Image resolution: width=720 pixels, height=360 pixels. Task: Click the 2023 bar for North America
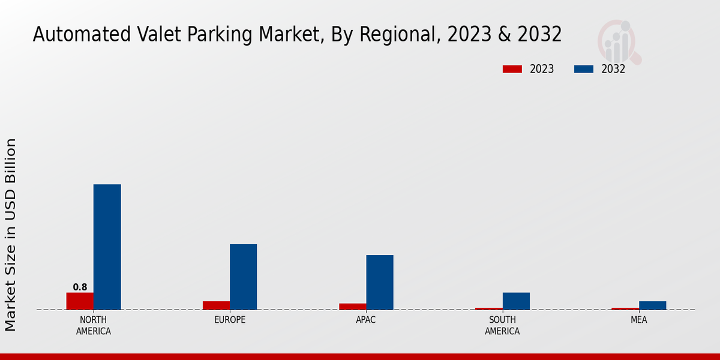tap(80, 301)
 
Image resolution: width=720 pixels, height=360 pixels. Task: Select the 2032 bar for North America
tap(107, 247)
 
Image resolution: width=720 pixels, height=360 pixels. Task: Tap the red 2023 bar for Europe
tap(216, 305)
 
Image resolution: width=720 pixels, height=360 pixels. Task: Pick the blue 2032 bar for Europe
tap(244, 277)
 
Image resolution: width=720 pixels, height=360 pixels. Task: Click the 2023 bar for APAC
tap(352, 307)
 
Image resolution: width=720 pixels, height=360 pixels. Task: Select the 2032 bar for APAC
tap(380, 282)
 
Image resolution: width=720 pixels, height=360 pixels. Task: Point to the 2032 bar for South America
tap(516, 301)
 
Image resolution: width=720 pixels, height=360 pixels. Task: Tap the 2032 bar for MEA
tap(652, 305)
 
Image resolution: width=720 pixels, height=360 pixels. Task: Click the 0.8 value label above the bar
tap(80, 287)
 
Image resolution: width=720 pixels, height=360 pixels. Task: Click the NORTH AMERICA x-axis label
tap(94, 325)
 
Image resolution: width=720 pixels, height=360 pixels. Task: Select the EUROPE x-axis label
tap(230, 320)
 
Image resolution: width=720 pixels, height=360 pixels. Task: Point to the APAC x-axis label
tap(366, 320)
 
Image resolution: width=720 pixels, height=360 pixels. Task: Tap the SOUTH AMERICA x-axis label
tap(502, 325)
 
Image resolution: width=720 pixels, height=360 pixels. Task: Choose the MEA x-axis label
tap(638, 320)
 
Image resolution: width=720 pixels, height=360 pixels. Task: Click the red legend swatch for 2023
tap(512, 69)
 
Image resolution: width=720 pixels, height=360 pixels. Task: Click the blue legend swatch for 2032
tap(583, 69)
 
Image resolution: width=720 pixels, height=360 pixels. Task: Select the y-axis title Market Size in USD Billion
tap(11, 234)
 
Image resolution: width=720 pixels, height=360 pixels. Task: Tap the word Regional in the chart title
tap(406, 35)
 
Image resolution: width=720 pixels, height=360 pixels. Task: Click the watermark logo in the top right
tap(619, 41)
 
